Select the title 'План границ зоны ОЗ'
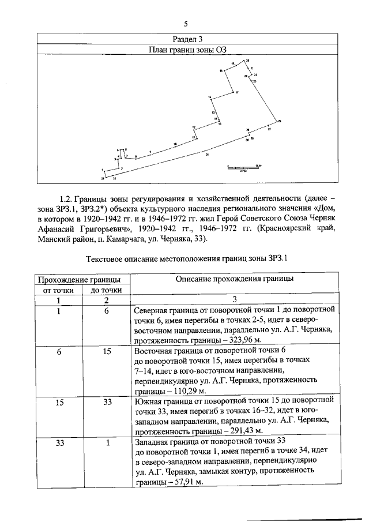point(185,50)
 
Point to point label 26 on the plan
point(280,121)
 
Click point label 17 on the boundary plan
point(237,92)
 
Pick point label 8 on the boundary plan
point(136,156)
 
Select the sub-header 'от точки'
point(59,290)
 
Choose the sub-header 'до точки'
point(107,290)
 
